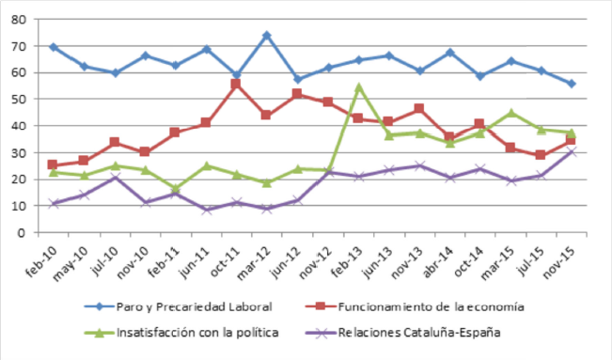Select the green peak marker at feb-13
coord(358,87)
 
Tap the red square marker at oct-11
coord(236,84)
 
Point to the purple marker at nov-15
coord(570,151)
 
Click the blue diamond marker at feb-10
coord(53,47)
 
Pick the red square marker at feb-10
coord(53,164)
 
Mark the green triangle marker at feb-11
coord(175,189)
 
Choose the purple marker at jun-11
coord(206,210)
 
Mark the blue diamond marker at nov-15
coord(570,84)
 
